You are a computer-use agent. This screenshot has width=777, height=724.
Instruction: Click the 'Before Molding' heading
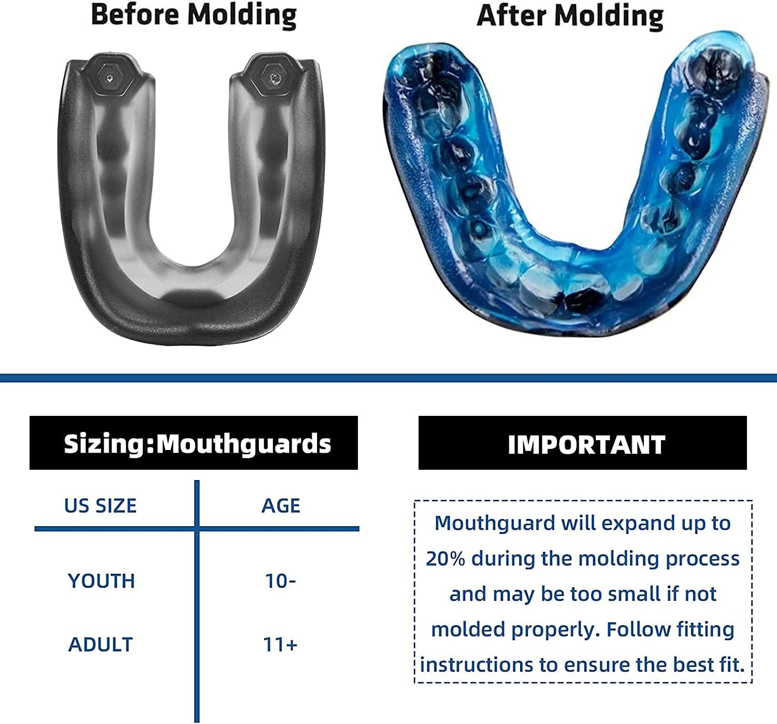(x=194, y=15)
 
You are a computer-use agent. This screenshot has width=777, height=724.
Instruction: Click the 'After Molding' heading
(x=570, y=16)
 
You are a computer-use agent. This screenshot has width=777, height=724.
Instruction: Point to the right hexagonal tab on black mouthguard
(x=273, y=78)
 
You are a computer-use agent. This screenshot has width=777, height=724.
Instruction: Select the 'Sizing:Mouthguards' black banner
(x=194, y=443)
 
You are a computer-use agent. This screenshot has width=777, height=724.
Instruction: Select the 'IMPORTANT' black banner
(x=583, y=444)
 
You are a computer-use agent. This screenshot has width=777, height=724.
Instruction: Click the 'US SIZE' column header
(x=100, y=505)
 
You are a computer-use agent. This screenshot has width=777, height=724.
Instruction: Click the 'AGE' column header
(x=281, y=505)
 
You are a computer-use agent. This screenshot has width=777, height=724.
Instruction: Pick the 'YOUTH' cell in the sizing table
(x=102, y=581)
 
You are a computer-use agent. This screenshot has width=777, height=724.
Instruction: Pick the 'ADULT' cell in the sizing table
(x=101, y=645)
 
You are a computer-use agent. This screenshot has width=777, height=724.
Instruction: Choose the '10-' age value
(x=280, y=581)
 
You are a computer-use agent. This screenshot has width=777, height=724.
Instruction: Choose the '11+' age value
(x=280, y=645)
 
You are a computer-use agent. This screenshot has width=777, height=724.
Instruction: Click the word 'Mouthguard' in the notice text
(x=495, y=524)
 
